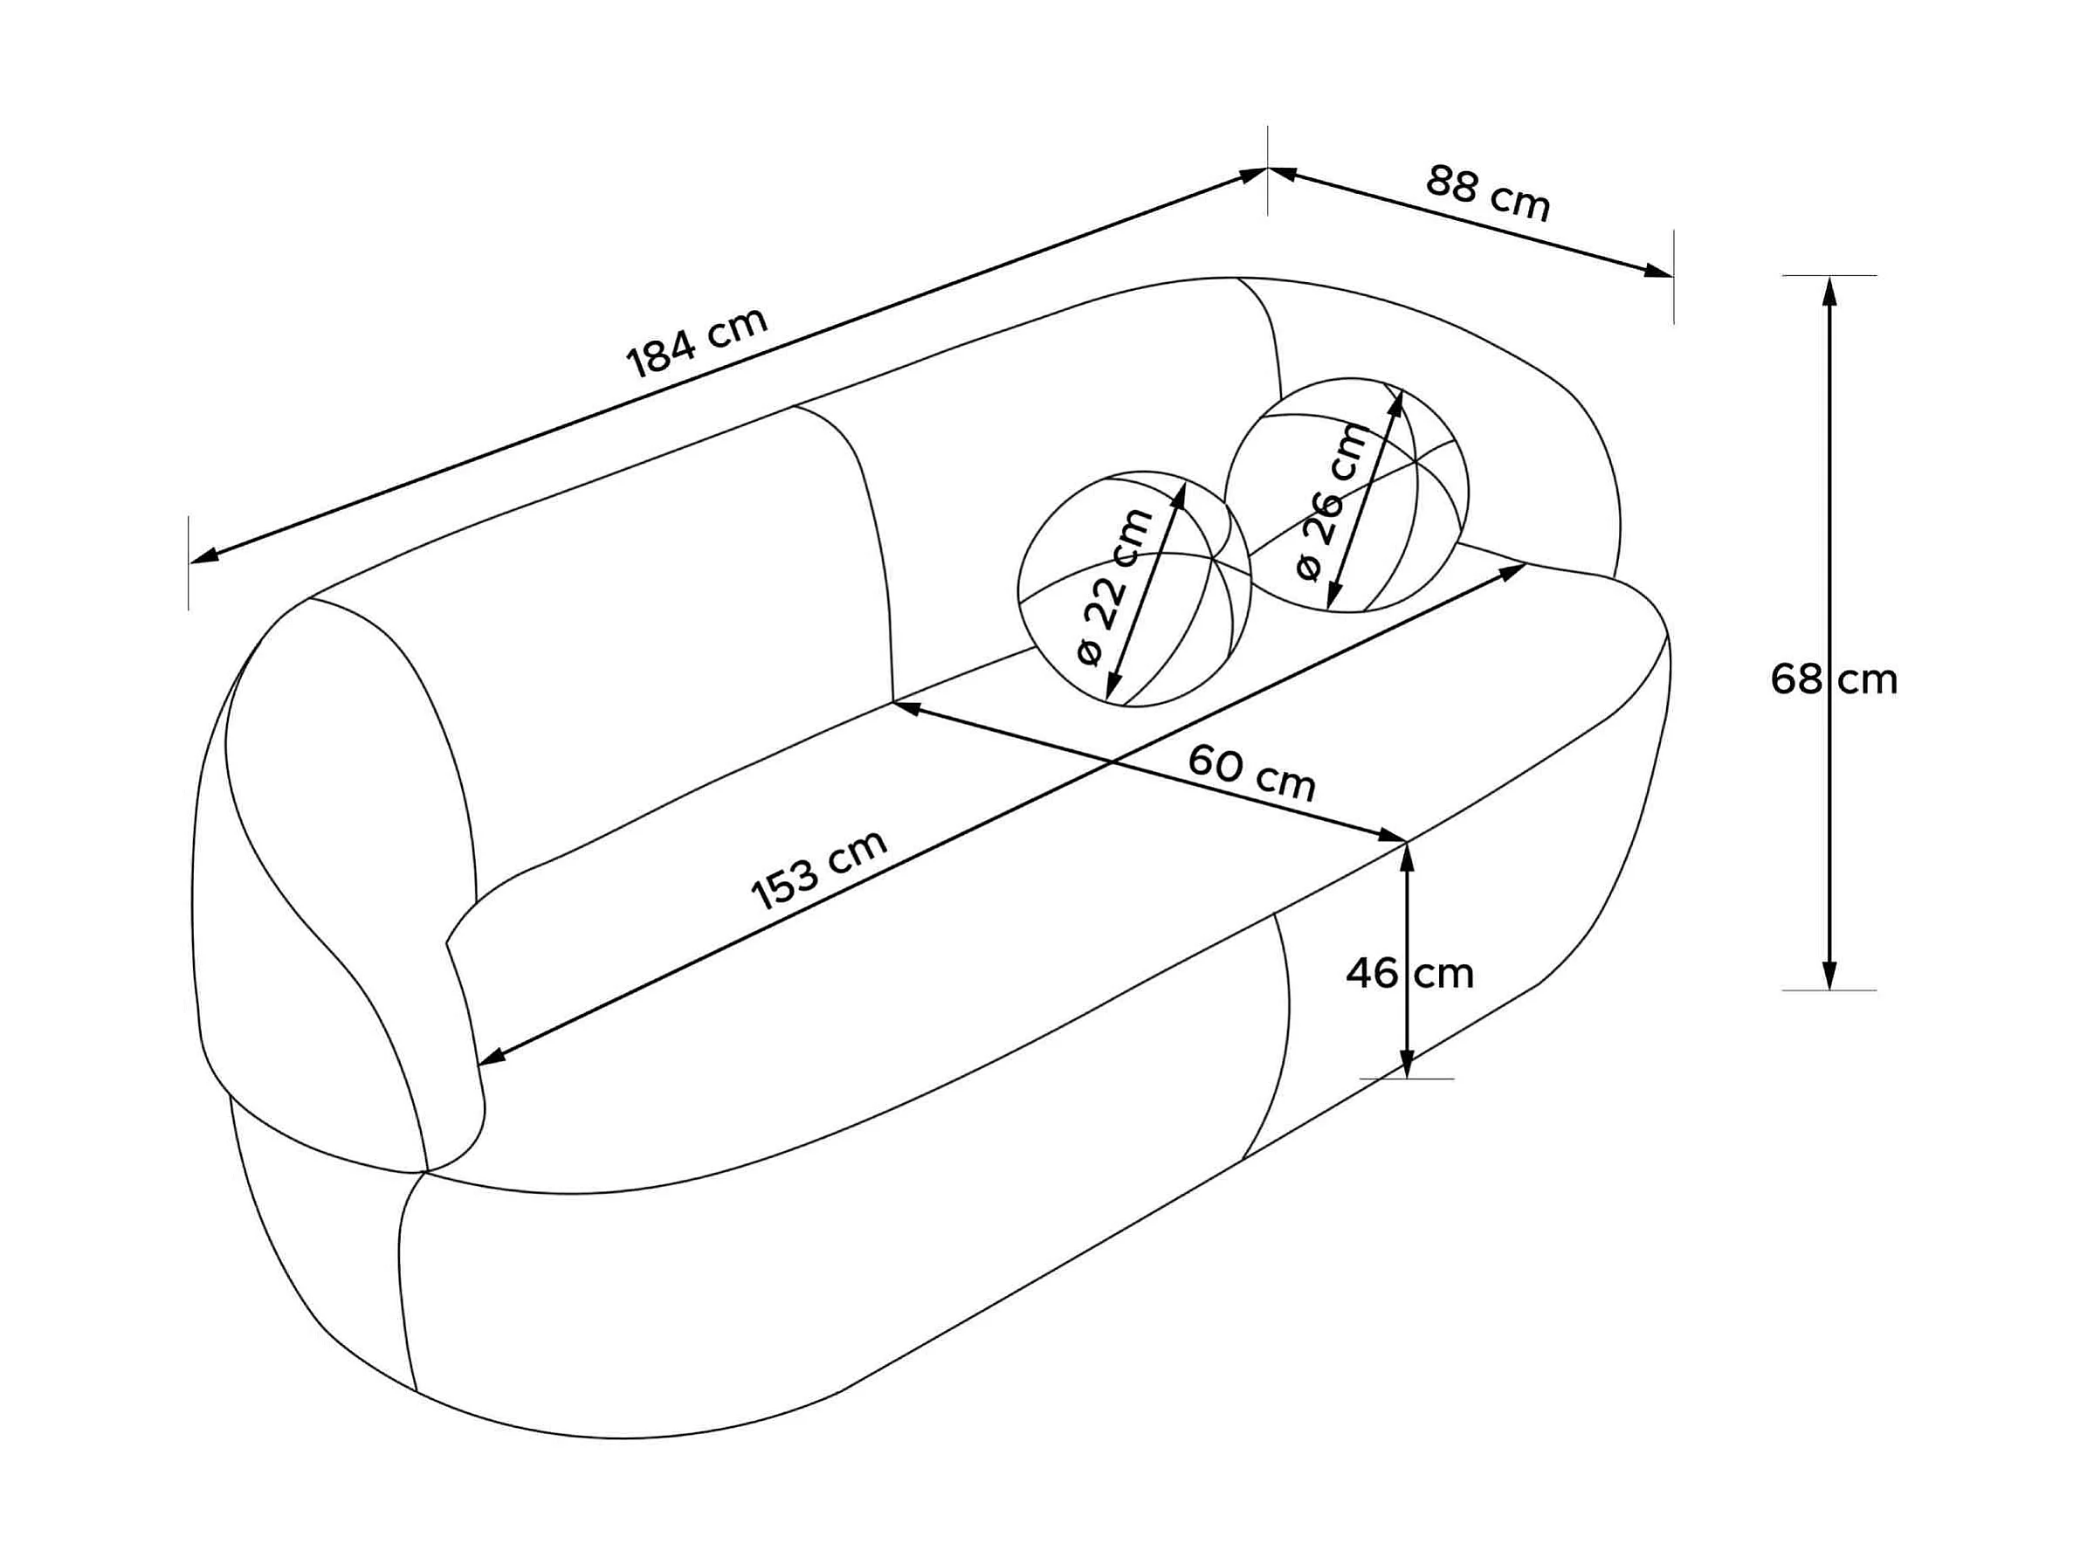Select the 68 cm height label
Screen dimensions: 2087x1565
click(x=1833, y=680)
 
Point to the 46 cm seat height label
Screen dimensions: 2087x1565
click(x=1409, y=974)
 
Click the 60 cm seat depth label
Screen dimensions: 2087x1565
click(x=1251, y=772)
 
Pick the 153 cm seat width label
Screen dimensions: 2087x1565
click(x=819, y=869)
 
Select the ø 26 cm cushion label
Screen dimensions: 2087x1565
click(x=1332, y=502)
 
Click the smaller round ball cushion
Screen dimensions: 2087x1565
click(x=1134, y=589)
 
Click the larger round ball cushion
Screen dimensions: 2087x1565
click(x=1347, y=495)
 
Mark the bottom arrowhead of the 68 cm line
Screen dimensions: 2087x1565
click(x=1829, y=975)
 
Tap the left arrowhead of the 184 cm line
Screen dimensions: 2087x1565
click(x=203, y=556)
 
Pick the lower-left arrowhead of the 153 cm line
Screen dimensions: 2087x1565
click(x=492, y=1058)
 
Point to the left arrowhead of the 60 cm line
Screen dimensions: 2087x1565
click(x=906, y=707)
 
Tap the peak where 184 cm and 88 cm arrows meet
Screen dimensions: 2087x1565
click(x=1267, y=169)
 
